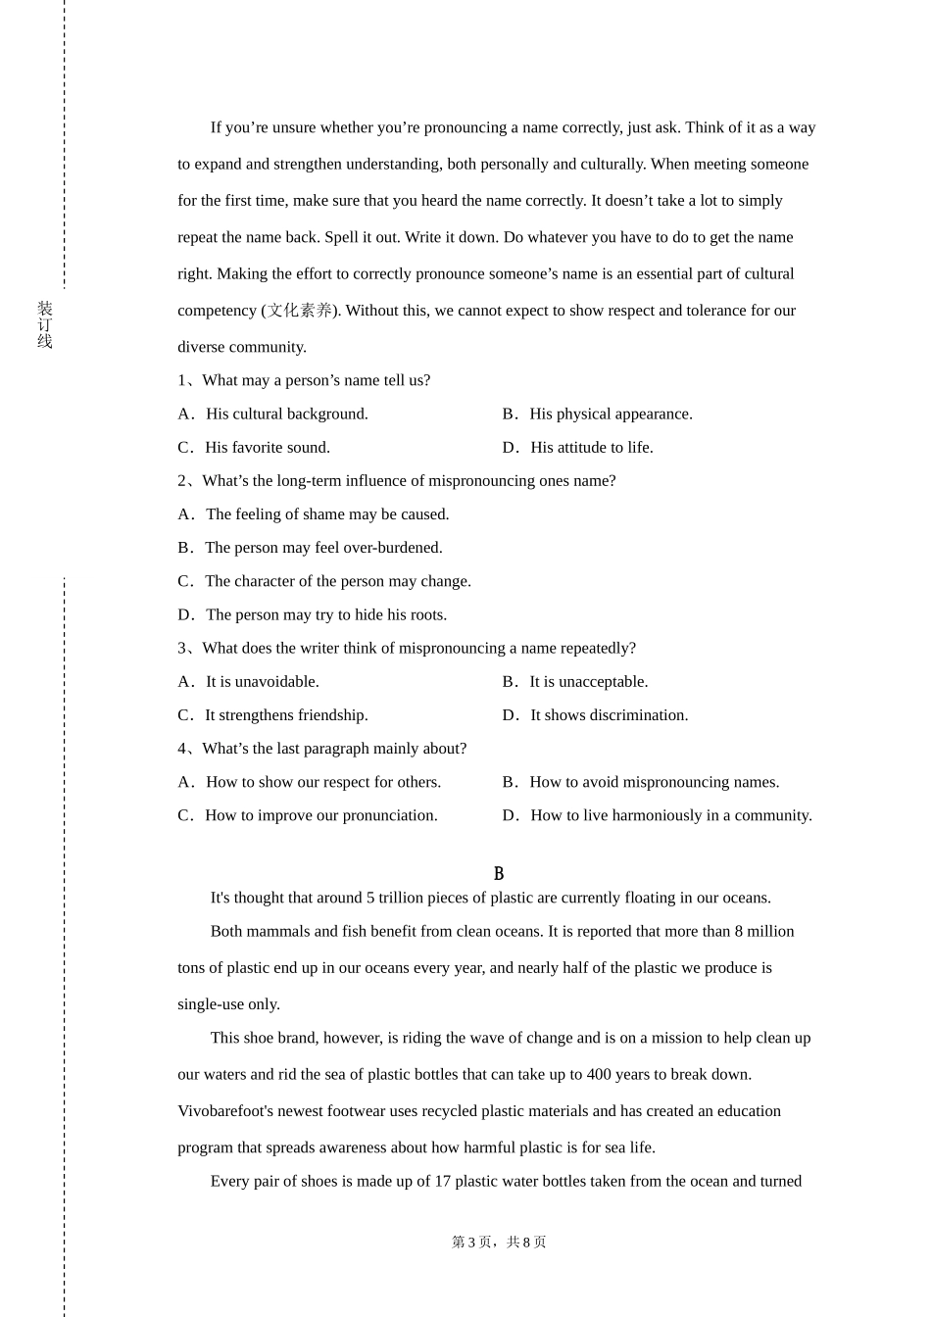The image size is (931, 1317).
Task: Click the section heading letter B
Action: [499, 873]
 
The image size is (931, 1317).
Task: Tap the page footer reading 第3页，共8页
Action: [499, 1243]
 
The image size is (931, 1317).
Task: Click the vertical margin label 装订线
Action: [45, 325]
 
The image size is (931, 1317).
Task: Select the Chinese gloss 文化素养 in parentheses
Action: [300, 311]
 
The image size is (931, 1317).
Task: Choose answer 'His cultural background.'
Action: [286, 415]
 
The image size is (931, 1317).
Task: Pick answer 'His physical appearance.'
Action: [611, 415]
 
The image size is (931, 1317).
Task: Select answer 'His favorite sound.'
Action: [267, 448]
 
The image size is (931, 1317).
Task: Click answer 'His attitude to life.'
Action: [591, 448]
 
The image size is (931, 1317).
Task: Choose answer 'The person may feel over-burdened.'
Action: [323, 548]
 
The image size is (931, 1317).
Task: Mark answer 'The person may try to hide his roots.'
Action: [325, 615]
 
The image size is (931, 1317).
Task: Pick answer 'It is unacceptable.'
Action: [588, 682]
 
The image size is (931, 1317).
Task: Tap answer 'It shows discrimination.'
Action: [609, 715]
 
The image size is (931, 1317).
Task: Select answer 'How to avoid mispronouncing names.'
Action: [654, 782]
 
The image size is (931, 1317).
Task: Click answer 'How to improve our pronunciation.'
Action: [320, 815]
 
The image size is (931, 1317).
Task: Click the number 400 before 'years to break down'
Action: [600, 1075]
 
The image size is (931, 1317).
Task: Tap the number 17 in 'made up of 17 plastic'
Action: [442, 1182]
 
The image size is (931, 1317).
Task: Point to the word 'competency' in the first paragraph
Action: [217, 311]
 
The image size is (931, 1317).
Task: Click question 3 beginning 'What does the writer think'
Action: [418, 649]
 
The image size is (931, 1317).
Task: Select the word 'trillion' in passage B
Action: [405, 899]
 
